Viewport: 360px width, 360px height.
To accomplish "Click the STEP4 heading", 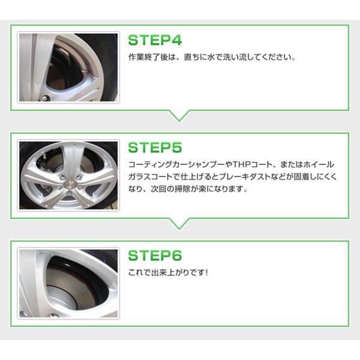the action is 155,40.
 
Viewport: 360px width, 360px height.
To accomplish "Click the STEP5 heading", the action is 155,148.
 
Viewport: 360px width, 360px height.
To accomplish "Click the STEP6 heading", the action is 155,256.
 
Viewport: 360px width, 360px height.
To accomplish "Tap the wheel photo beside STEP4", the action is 68,67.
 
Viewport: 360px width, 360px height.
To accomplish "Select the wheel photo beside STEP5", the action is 68,175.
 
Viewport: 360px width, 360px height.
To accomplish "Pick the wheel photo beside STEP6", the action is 68,283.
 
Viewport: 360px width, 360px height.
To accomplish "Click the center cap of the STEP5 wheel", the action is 70,184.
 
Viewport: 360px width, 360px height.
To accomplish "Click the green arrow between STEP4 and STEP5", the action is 179,116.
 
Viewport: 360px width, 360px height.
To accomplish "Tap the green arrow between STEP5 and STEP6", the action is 179,224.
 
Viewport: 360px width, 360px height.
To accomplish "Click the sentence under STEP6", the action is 168,272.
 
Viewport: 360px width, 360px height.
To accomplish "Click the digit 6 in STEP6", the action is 177,256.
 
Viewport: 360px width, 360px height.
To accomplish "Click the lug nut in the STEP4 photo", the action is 44,98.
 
